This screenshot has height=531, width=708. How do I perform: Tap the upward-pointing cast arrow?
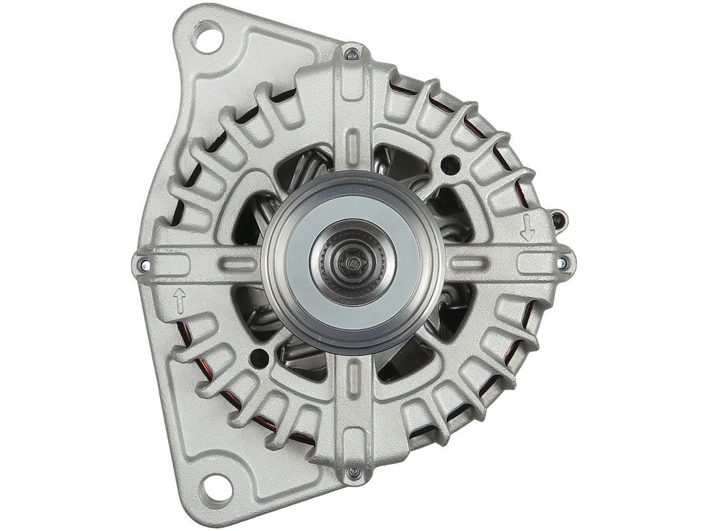coord(178,302)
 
